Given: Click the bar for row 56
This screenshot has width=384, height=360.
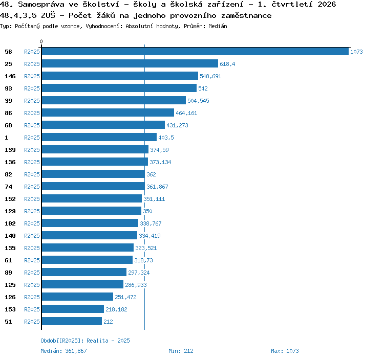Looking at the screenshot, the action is tap(195, 51).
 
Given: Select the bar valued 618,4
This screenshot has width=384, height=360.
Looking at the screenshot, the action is tap(130, 63).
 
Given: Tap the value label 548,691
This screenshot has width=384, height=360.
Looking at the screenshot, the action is tap(210, 76).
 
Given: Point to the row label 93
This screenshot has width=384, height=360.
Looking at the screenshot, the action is tap(8, 88).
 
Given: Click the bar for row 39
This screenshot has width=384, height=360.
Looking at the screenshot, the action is tap(114, 100).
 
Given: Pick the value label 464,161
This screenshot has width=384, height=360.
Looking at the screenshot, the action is tap(186, 113).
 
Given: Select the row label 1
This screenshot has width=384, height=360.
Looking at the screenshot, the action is tap(7, 138).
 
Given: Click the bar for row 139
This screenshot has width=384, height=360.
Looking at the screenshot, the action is tap(95, 149).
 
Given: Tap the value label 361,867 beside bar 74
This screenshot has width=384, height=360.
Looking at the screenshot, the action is tap(157, 187).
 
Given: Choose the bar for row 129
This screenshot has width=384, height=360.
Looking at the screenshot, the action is tap(92, 211).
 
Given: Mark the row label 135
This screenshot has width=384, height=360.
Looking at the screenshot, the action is tap(10, 248).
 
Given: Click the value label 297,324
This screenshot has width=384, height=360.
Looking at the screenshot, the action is tap(139, 273).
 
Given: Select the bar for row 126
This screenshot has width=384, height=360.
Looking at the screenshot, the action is tap(77, 297).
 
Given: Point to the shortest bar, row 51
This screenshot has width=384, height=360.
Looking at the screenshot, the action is tap(72, 321).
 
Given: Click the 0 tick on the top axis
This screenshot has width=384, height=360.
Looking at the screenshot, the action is tap(41, 41).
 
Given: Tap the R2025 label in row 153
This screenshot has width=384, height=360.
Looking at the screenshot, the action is tap(32, 309).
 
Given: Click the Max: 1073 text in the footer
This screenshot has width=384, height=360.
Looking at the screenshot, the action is tap(285, 351).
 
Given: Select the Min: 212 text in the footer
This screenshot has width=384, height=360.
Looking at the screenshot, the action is tap(181, 351).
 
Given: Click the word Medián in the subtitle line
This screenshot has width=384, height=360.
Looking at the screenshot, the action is tap(218, 26).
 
